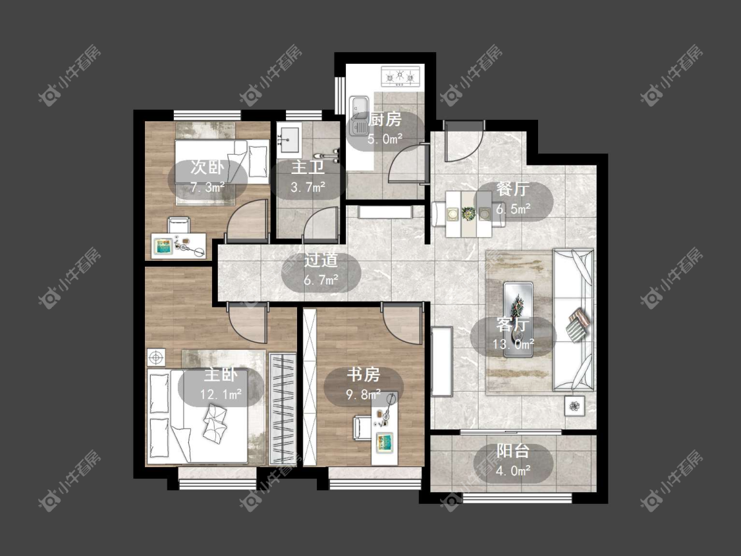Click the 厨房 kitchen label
[385, 120]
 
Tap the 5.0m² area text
[385, 138]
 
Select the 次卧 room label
[207, 167]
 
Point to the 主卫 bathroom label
[308, 167]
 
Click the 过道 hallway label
[321, 260]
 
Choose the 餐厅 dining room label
[512, 189]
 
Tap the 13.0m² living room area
[513, 344]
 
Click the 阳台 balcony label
[512, 451]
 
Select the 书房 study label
[364, 375]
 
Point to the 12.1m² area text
[221, 394]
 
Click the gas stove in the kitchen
[400, 76]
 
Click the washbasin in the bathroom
[289, 142]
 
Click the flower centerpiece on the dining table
[468, 214]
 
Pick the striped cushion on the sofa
[577, 324]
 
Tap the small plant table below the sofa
[574, 406]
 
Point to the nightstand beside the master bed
[156, 358]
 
